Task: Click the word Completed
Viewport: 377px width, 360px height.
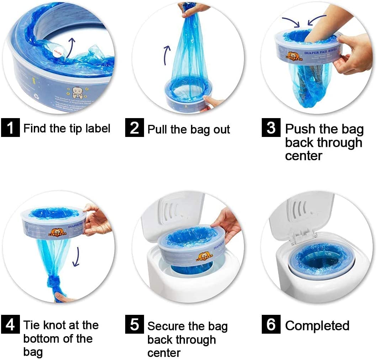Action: tap(317, 326)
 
